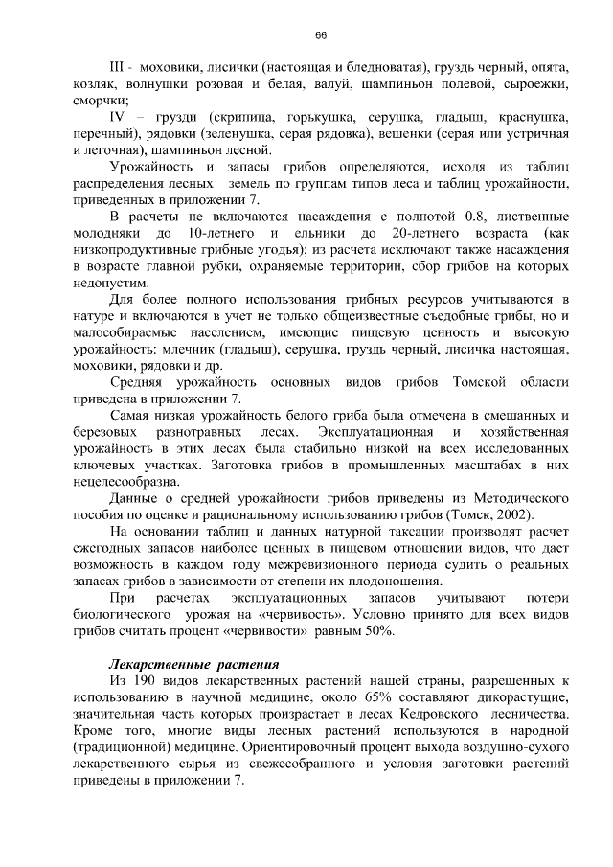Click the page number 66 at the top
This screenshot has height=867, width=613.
click(x=321, y=35)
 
